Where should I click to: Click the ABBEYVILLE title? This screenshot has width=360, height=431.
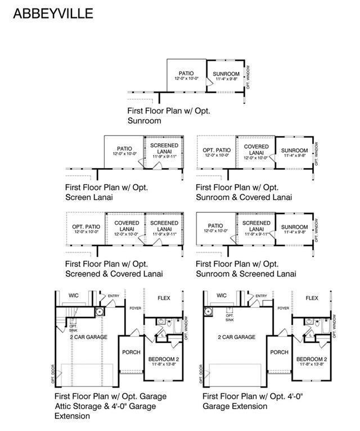click(x=53, y=13)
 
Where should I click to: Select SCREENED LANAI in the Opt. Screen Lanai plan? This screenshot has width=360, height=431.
click(x=164, y=149)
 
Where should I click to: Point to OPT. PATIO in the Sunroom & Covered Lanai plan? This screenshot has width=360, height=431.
click(x=217, y=151)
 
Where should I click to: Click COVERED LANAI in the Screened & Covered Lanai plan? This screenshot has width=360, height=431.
click(x=127, y=226)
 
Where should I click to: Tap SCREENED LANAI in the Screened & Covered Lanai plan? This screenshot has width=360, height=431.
click(x=164, y=226)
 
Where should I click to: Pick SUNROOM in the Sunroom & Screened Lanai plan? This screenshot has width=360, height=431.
click(x=295, y=227)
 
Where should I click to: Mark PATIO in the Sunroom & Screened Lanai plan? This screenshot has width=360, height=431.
click(x=217, y=226)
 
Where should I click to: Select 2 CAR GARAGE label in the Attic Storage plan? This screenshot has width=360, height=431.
click(x=84, y=337)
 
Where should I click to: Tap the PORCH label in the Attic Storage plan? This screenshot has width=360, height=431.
click(x=130, y=352)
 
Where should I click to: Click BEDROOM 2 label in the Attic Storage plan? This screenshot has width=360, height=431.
click(x=164, y=359)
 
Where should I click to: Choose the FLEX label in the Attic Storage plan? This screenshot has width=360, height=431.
click(x=163, y=298)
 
